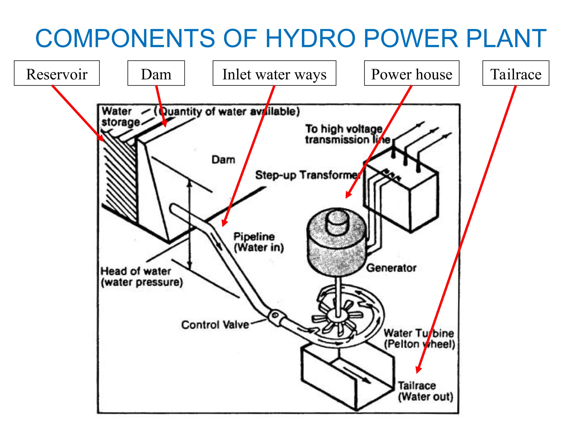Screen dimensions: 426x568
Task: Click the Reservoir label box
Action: click(57, 73)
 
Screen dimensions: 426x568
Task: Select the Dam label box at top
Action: click(156, 73)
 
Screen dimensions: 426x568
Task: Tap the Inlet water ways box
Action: click(274, 73)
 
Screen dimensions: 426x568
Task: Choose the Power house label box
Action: click(412, 73)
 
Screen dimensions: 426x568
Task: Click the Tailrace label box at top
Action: click(516, 73)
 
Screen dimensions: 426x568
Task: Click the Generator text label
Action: click(391, 268)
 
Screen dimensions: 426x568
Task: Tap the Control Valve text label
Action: click(215, 324)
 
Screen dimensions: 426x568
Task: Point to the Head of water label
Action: click(141, 277)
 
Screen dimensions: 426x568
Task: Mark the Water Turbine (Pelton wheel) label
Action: click(419, 338)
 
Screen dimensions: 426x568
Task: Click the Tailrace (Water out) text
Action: click(425, 391)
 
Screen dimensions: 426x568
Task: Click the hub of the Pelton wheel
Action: click(338, 315)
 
